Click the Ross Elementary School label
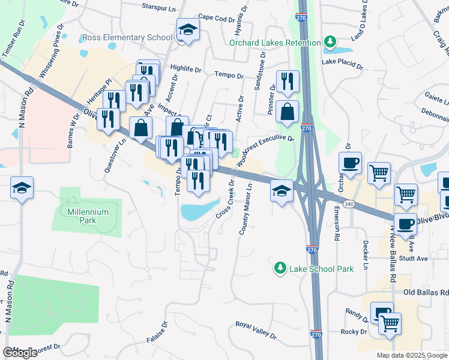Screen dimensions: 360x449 [x=127, y=37]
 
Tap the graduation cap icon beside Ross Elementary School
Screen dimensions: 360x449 [x=188, y=29]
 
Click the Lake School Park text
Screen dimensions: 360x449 [x=321, y=269]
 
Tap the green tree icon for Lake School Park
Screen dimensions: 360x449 [x=279, y=268]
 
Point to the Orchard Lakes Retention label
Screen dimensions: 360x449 [x=276, y=43]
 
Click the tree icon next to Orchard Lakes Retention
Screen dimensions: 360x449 [x=329, y=42]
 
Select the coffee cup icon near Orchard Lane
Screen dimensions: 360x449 [x=350, y=162]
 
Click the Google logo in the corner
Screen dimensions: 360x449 [x=20, y=353]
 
